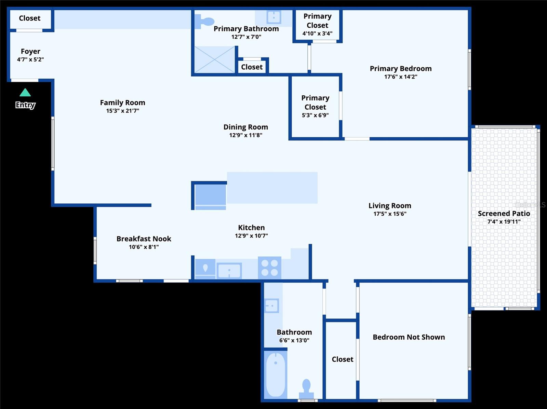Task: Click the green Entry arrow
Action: (25, 93)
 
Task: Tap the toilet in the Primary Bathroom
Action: (204, 22)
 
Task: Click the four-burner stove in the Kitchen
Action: (270, 268)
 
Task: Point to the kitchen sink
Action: (229, 271)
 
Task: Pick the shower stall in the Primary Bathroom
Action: (215, 59)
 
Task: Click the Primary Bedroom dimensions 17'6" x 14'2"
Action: (401, 77)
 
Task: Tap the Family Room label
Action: (123, 103)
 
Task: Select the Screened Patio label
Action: (504, 214)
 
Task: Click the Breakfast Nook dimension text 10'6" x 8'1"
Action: (144, 247)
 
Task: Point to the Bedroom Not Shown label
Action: (409, 337)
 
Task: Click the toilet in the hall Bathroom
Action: (306, 389)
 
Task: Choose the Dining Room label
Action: (246, 127)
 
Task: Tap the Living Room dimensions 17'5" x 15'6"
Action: (390, 214)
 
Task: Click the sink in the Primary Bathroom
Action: (274, 17)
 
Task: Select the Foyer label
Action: (30, 51)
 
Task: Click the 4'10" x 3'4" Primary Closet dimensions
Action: (317, 33)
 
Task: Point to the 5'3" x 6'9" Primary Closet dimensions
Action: (315, 115)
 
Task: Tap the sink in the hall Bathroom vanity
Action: (272, 305)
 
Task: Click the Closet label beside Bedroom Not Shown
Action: (343, 359)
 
